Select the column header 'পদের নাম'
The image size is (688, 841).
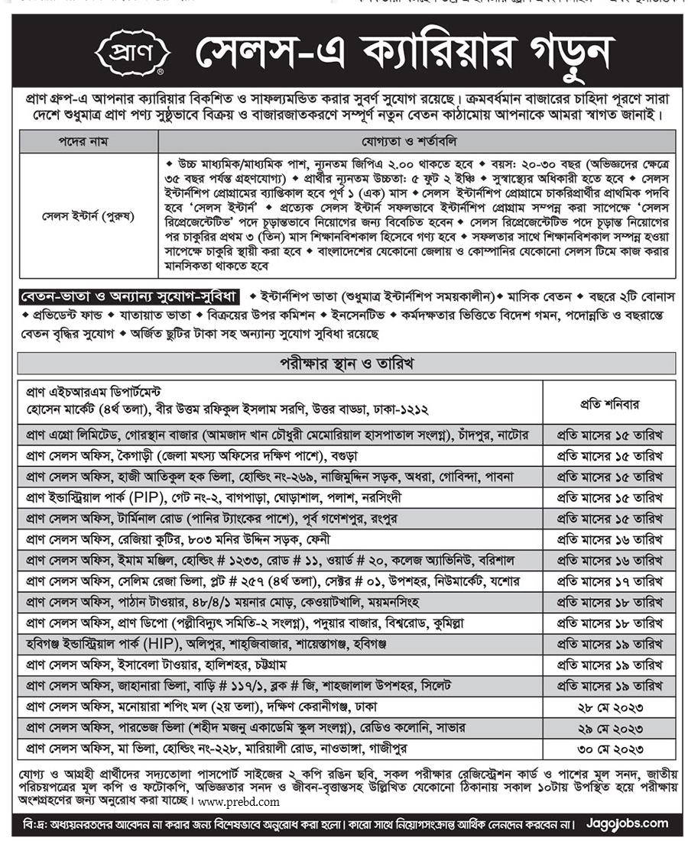click(x=88, y=141)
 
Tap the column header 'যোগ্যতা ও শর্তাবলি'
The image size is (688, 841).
click(x=416, y=141)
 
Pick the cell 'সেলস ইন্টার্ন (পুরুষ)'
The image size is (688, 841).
click(x=88, y=216)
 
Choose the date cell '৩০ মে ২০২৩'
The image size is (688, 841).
click(x=609, y=748)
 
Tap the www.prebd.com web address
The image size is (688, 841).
click(x=239, y=802)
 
